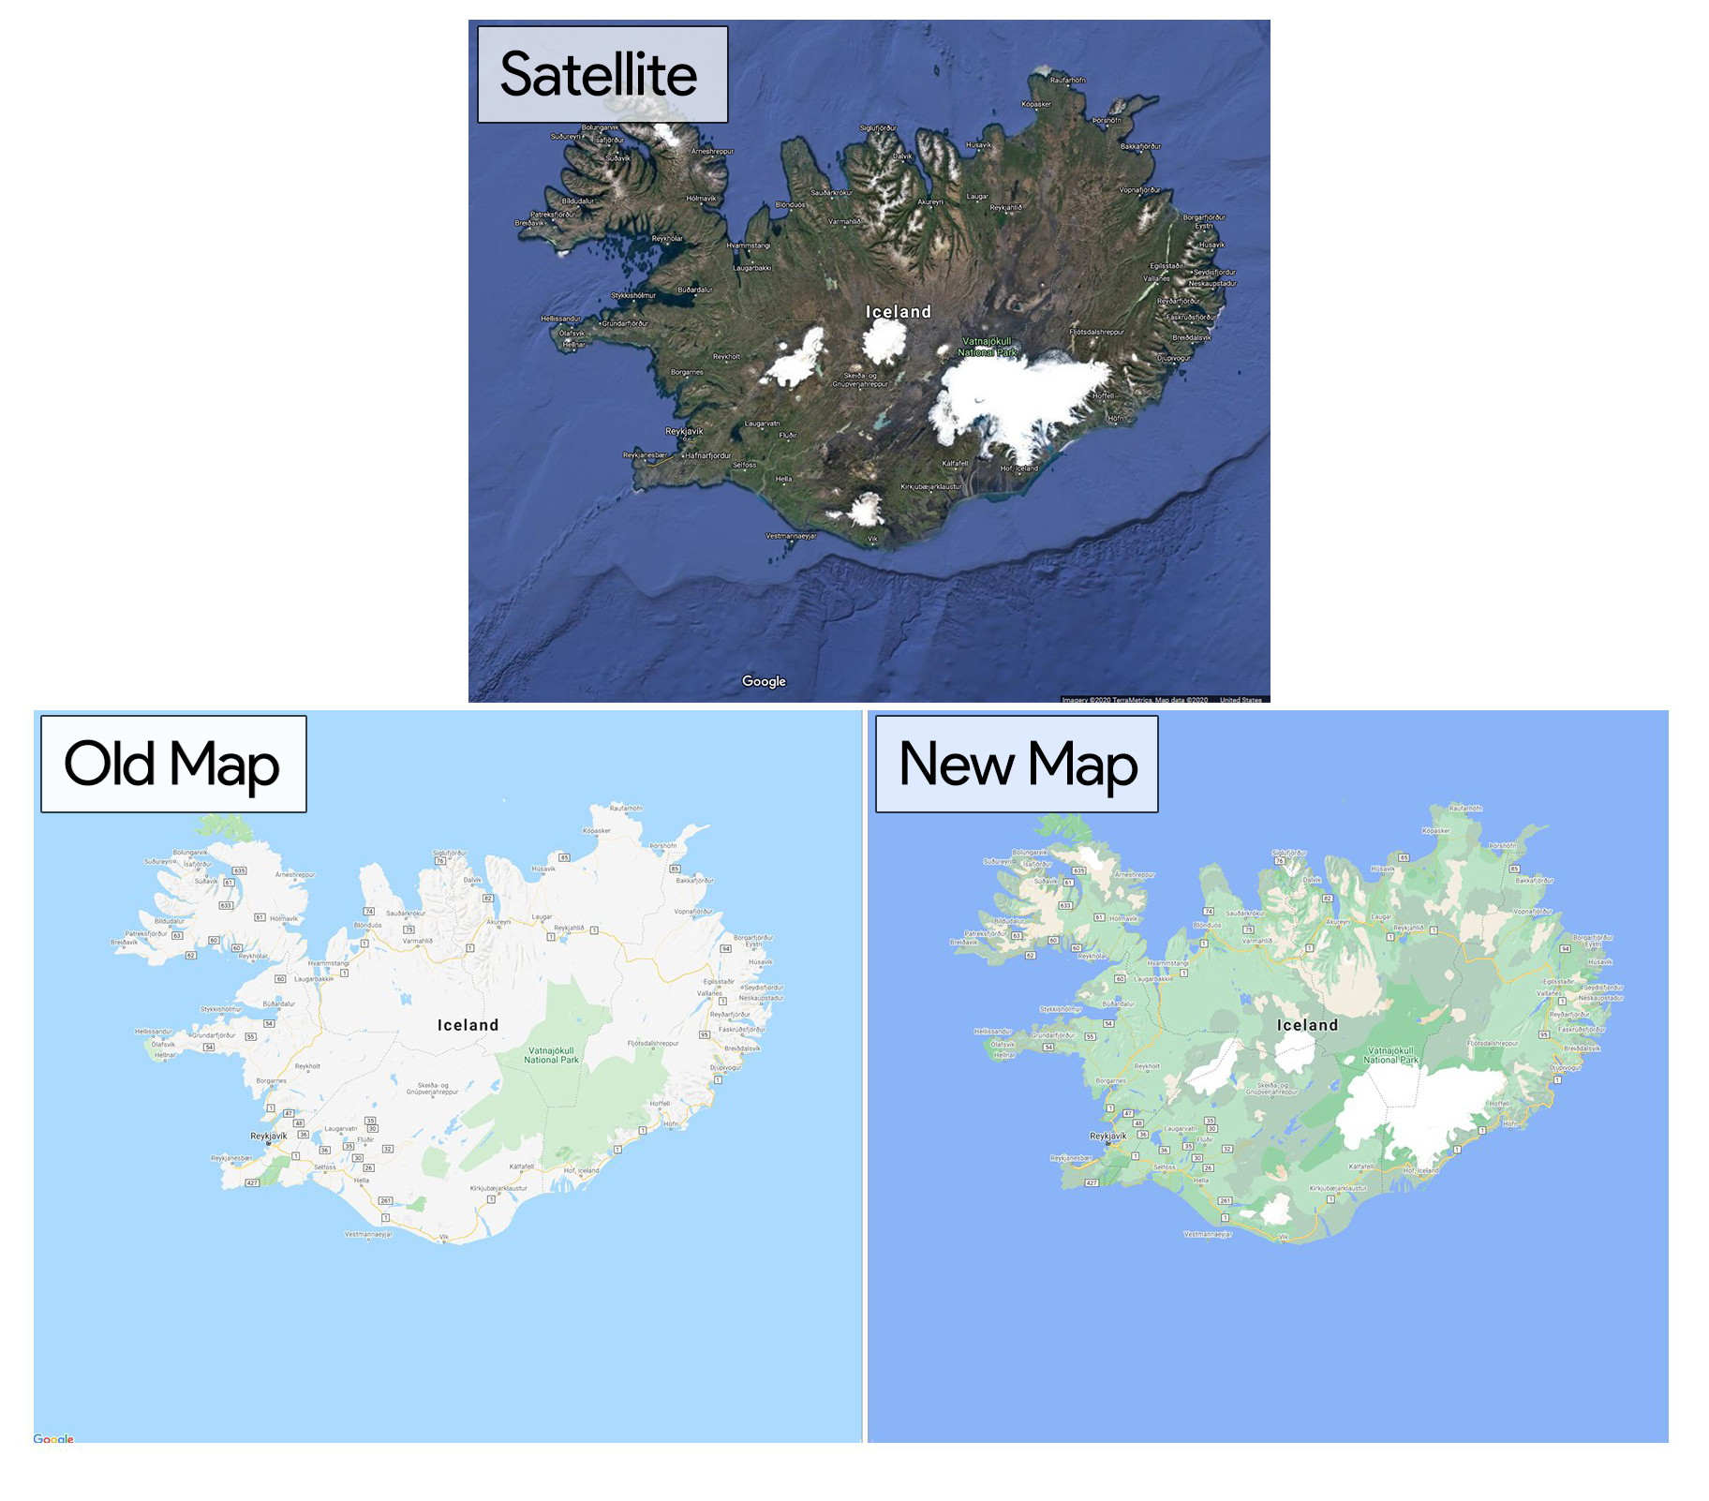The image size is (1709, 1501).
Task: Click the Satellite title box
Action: tap(602, 75)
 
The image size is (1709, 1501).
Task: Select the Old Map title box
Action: tap(173, 765)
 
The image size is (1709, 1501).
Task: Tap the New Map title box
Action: tap(1017, 765)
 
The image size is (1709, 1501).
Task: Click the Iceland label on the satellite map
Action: tap(898, 312)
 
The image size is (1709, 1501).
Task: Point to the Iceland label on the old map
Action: tap(468, 1025)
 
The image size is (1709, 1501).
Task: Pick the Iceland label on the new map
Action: tap(1307, 1025)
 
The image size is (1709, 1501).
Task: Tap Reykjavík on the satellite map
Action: tap(684, 432)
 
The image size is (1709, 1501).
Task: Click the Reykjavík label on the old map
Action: tap(269, 1136)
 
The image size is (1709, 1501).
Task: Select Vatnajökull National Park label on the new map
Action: tap(1390, 1055)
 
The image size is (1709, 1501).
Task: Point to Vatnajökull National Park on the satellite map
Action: tap(988, 347)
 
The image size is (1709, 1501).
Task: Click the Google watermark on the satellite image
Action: tap(764, 681)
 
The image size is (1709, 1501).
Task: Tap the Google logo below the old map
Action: tap(53, 1439)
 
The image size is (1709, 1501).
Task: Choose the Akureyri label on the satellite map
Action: tap(930, 201)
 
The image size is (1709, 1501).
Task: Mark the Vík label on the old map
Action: tap(445, 1237)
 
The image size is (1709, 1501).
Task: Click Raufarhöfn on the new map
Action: tap(1465, 808)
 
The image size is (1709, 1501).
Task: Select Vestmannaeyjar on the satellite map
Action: tap(791, 536)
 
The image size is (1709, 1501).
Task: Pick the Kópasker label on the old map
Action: tap(597, 830)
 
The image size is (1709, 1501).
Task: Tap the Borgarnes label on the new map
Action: tap(1111, 1080)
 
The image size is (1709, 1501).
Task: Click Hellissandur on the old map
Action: tap(154, 1031)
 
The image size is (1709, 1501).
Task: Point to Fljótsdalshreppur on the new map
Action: tap(1493, 1043)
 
